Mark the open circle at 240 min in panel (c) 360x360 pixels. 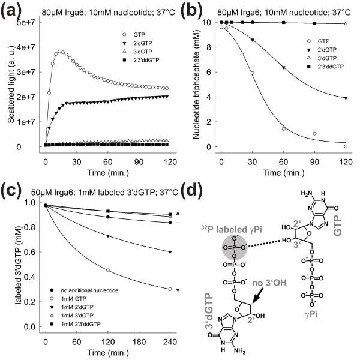tap(170, 289)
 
